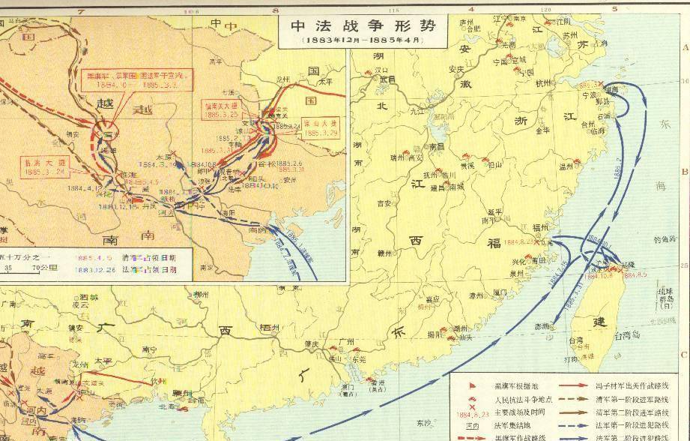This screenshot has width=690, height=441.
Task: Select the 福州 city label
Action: [x=542, y=227]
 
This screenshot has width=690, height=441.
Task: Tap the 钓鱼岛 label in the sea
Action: [x=663, y=240]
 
